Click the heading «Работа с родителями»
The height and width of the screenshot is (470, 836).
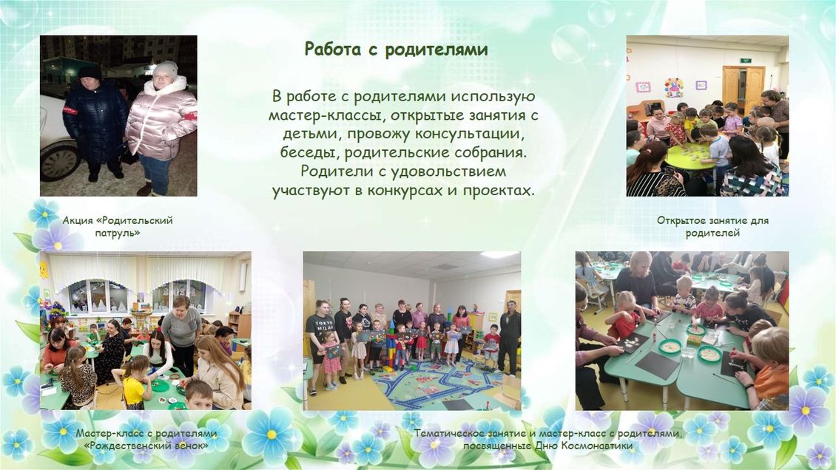coord(396,49)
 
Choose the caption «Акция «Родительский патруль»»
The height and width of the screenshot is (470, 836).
coord(118,226)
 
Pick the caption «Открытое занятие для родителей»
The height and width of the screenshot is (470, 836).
coord(713,226)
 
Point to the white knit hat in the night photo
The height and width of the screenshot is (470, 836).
coord(165,69)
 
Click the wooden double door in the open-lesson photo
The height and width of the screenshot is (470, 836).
coord(743,88)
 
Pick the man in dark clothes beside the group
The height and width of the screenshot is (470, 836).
coord(509,338)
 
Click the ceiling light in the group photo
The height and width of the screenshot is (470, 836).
coord(499,255)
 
